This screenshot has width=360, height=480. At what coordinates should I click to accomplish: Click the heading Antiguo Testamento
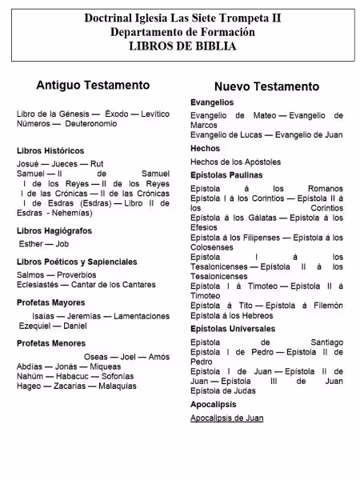93,84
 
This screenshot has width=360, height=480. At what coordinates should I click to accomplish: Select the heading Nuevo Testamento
266,86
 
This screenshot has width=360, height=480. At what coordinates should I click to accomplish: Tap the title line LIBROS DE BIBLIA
182,46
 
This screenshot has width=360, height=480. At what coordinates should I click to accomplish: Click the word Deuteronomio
90,124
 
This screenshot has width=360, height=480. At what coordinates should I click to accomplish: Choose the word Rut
96,163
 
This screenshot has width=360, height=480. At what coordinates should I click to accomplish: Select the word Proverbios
76,274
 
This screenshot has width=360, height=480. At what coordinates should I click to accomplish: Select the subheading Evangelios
212,102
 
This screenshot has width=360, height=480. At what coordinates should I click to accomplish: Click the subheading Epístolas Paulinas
226,174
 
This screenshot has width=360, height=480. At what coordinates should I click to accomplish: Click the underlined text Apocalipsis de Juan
226,418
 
